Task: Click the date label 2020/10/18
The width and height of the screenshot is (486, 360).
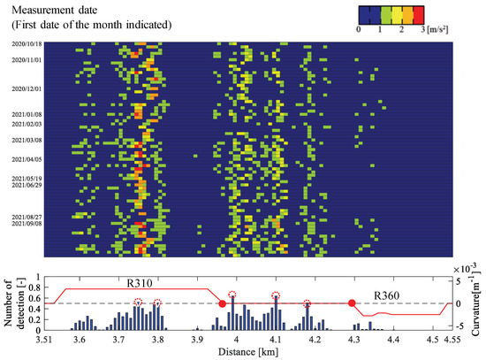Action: coord(26,42)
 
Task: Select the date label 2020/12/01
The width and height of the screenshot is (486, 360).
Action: coord(26,89)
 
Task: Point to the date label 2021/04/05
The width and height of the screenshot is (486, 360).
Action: coord(26,159)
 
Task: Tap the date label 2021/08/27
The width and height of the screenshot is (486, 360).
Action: coord(26,216)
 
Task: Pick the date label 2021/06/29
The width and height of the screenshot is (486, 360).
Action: coord(26,185)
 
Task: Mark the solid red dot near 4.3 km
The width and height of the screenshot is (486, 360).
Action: coord(352,303)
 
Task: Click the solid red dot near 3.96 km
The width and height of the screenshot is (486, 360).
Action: coord(222,303)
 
